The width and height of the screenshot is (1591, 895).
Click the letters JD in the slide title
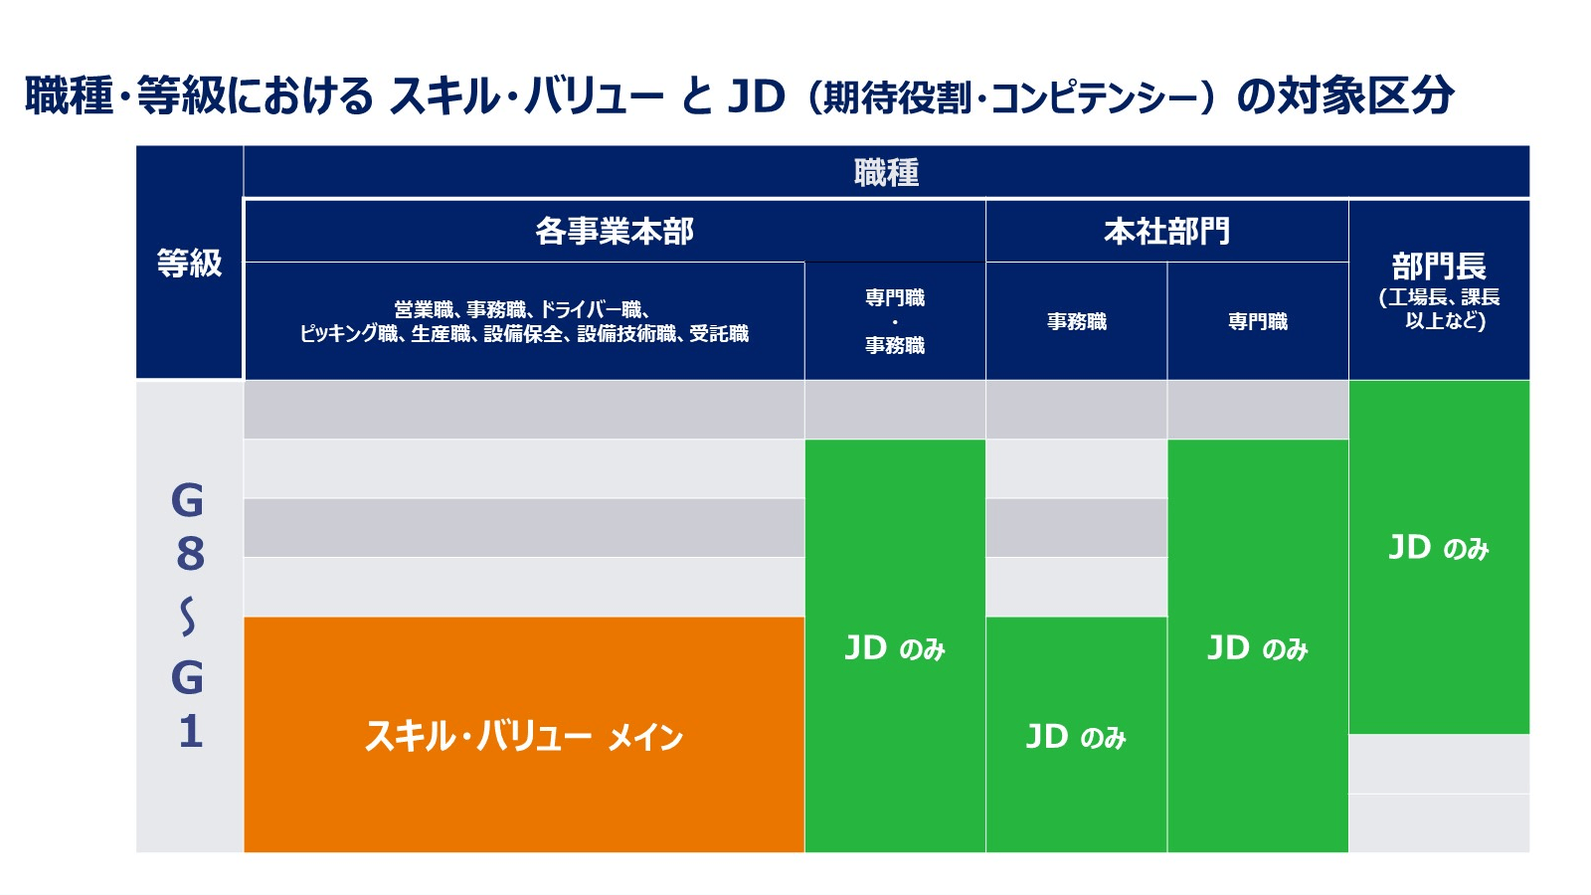pyautogui.click(x=757, y=96)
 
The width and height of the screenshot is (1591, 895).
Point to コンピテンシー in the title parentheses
pyautogui.click(x=1099, y=98)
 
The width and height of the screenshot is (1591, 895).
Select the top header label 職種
pyautogui.click(x=886, y=173)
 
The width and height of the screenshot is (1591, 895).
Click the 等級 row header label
pyautogui.click(x=189, y=264)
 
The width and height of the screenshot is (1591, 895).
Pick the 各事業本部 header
pyautogui.click(x=615, y=232)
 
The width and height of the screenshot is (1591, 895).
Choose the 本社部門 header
pyautogui.click(x=1166, y=232)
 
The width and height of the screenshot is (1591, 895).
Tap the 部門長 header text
pyautogui.click(x=1439, y=267)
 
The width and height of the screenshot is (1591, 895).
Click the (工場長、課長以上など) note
pyautogui.click(x=1439, y=309)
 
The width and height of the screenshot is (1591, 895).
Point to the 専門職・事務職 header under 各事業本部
pyautogui.click(x=895, y=321)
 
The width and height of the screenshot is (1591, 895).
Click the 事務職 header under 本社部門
pyautogui.click(x=1076, y=321)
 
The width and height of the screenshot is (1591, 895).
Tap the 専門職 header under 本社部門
pyautogui.click(x=1257, y=321)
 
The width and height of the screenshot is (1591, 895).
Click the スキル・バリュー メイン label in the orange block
pyautogui.click(x=524, y=737)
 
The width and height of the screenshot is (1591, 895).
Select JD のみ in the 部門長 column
pyautogui.click(x=1439, y=548)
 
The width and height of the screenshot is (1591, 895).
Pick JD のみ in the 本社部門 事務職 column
pyautogui.click(x=1076, y=737)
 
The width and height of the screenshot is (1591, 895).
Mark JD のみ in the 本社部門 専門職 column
pyautogui.click(x=1257, y=648)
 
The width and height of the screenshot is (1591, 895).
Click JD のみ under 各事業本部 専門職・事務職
pyautogui.click(x=895, y=648)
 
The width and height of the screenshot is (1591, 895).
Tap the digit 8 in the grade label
pyautogui.click(x=189, y=554)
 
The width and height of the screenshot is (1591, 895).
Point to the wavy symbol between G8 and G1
pyautogui.click(x=188, y=617)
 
